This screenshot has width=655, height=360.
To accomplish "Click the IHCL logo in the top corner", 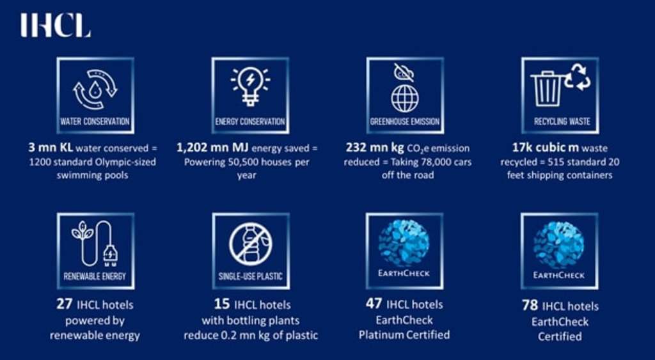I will tap(55, 26).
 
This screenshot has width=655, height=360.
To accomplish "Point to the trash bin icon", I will tap(548, 89).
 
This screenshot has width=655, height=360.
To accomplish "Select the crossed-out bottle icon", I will tap(250, 244).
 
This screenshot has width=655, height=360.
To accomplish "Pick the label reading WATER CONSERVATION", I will tap(95, 121).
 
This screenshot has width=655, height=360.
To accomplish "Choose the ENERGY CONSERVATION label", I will tap(250, 121).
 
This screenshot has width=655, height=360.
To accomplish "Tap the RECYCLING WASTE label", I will tap(559, 121).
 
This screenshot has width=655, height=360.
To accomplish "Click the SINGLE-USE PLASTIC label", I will tap(250, 277).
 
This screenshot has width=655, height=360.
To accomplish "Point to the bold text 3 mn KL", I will tap(47, 148).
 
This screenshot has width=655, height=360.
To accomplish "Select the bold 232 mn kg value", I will tap(370, 148).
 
